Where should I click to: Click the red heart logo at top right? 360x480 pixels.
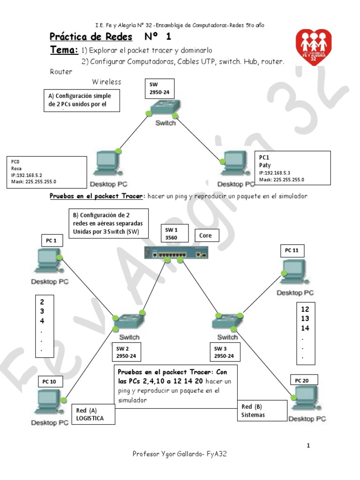[314, 47]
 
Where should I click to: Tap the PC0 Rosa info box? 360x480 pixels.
[46, 172]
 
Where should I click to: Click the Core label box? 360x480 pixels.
[206, 235]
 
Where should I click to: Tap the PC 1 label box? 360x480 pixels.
[52, 241]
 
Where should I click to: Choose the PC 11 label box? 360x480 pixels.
[292, 251]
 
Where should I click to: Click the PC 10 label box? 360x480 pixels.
[49, 382]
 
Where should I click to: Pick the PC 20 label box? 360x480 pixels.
[302, 380]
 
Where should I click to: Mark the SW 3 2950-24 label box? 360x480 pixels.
[225, 352]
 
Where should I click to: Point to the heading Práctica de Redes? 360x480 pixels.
[91, 37]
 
